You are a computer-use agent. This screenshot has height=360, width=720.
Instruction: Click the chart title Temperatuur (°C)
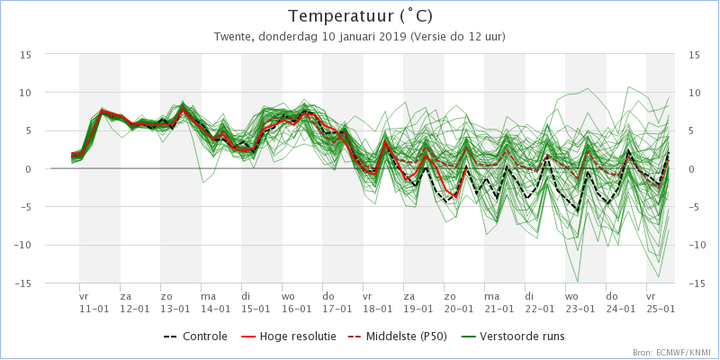[360, 16]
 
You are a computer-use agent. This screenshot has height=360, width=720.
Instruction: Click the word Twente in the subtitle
[233, 37]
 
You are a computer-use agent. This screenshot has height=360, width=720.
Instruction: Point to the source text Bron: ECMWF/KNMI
[670, 353]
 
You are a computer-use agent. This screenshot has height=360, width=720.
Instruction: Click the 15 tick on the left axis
[26, 54]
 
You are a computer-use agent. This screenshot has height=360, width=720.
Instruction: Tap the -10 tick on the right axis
[696, 245]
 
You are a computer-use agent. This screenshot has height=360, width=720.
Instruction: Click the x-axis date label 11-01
[94, 308]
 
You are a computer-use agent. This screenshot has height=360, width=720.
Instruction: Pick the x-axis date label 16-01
[296, 308]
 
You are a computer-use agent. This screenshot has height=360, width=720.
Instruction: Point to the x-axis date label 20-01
[458, 308]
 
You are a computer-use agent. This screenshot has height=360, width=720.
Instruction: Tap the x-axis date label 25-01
[661, 308]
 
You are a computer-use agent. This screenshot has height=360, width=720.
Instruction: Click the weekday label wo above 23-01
[571, 295]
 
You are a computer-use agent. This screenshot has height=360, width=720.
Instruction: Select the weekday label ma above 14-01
[208, 295]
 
